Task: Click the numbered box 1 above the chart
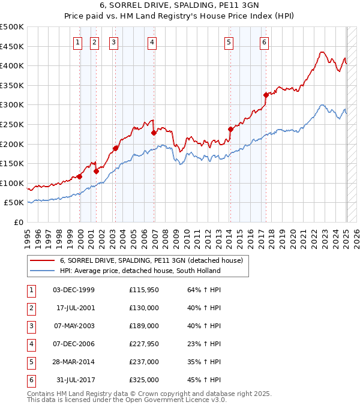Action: pos(78,42)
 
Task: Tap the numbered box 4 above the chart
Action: pos(152,42)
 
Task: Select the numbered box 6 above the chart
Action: pos(264,42)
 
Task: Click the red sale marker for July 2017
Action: pos(266,95)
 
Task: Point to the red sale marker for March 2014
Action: pos(230,129)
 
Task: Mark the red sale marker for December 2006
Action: pos(154,133)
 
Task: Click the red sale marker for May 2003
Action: pos(115,148)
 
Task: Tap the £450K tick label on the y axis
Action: pos(12,46)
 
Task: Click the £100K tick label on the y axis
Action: pos(12,183)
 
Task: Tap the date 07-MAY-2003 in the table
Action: pos(73,326)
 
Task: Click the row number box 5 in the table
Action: pos(31,362)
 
